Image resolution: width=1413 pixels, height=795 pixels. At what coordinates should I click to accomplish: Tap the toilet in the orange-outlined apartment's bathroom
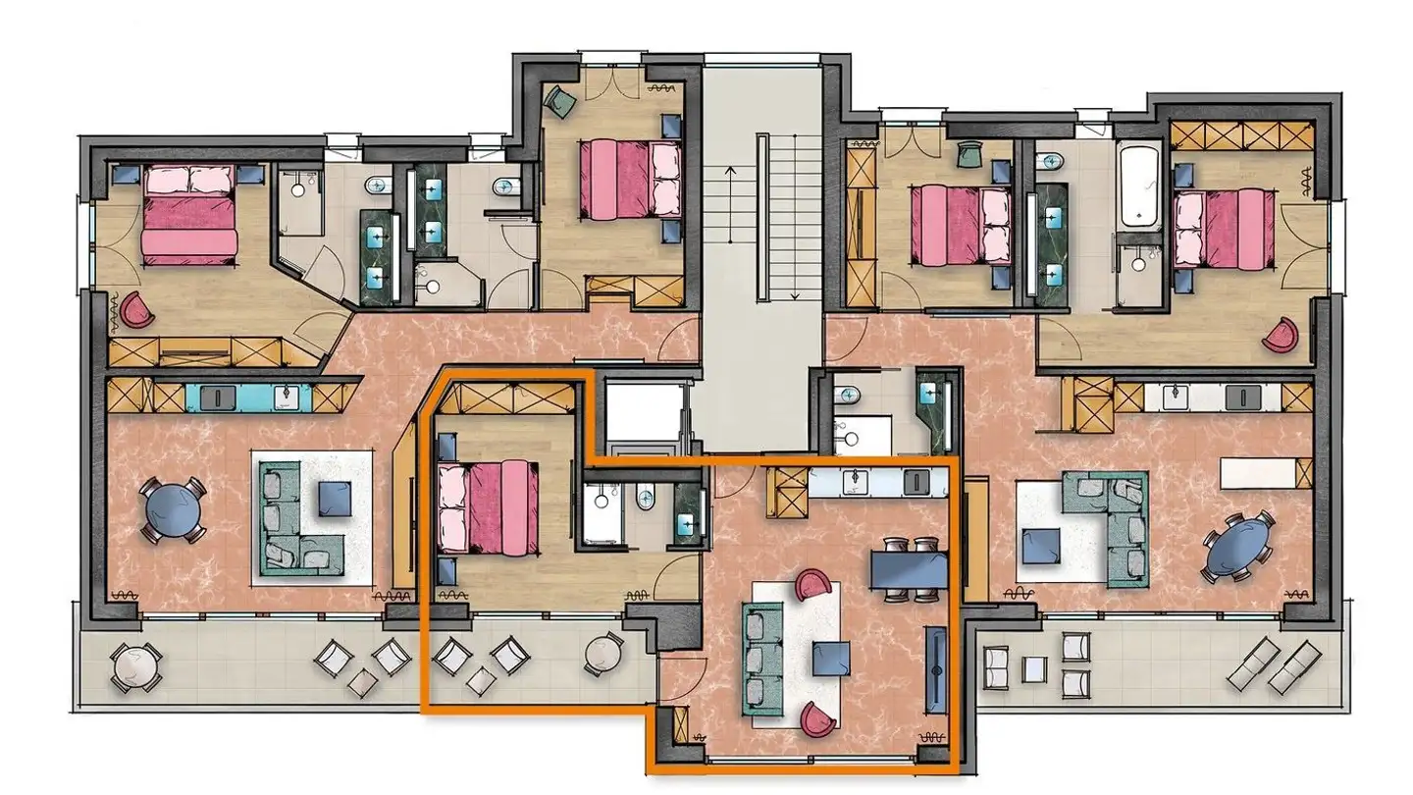click(644, 498)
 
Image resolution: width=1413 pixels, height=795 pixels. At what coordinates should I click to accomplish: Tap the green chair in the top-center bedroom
click(561, 101)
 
